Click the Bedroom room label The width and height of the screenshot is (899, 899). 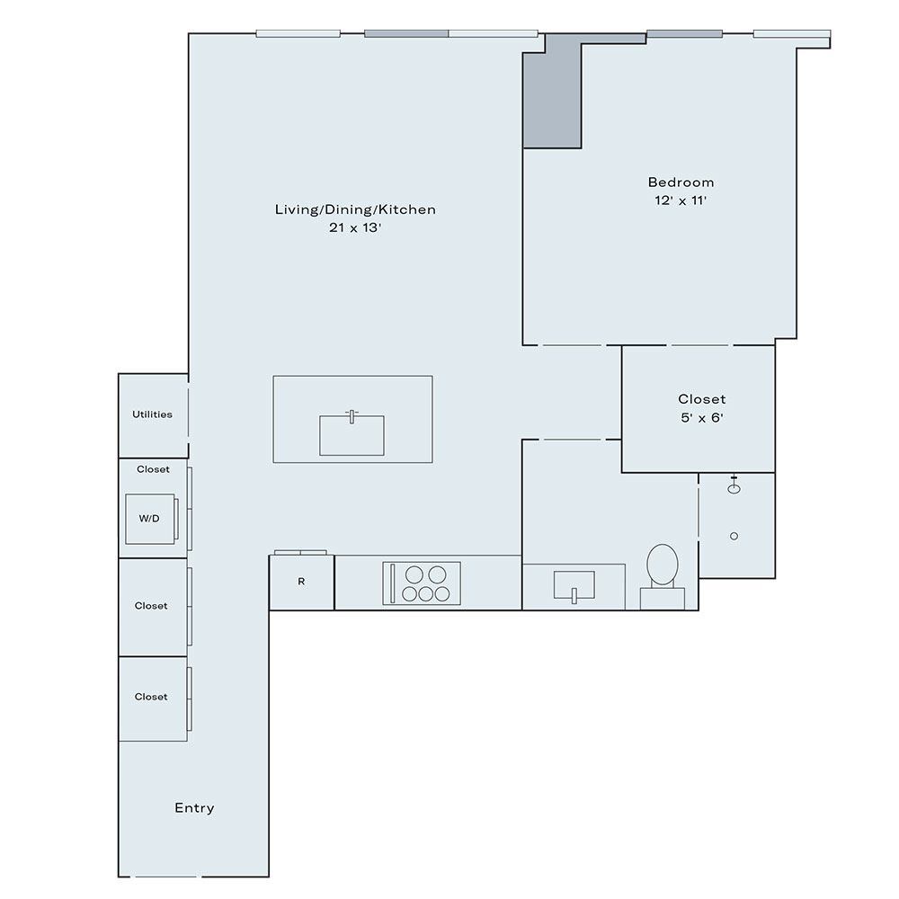coord(681,182)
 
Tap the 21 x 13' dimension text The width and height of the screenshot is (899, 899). coord(355,227)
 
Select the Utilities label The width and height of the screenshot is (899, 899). coord(152,414)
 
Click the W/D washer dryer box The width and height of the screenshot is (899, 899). coord(150,519)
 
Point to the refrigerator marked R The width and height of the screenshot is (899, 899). coord(301,582)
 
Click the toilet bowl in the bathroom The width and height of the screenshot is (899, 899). coord(663,565)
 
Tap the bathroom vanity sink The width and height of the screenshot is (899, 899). coord(574,585)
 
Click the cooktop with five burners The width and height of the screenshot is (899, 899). coord(422,583)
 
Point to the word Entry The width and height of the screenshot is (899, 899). coord(194,808)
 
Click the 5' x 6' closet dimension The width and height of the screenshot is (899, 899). coord(702,417)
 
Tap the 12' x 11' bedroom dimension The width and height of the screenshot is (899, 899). coord(681,200)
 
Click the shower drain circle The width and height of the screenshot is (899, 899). coord(734,536)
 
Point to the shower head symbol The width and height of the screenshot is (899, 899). coord(734,486)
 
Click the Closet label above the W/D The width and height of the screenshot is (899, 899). coord(153,469)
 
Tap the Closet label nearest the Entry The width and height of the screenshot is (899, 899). coord(151,697)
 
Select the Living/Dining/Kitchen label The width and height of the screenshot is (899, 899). coord(355,209)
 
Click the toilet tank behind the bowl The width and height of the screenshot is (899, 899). coord(663,599)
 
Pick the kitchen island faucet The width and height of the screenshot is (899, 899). coord(352,416)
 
